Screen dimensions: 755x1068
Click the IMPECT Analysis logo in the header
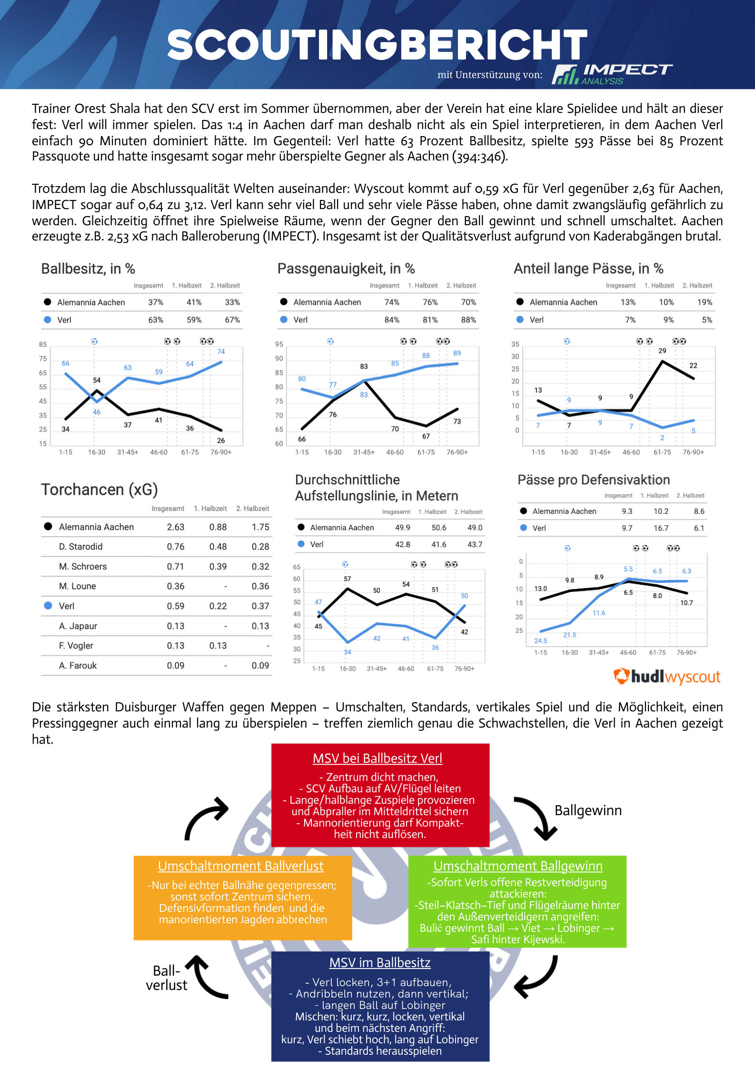pos(612,74)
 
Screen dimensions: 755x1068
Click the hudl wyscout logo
pos(667,677)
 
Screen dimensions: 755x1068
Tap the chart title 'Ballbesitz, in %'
pos(88,269)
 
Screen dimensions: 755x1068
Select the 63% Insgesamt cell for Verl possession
pos(156,320)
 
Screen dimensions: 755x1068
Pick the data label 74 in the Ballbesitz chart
pos(221,351)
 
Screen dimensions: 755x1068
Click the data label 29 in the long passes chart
pos(662,350)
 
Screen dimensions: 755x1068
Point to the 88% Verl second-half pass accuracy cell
pos(468,320)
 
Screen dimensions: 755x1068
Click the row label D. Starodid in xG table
pos(80,547)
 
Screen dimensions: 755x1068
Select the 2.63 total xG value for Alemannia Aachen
pos(176,527)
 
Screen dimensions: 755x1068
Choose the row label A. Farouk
pos(78,666)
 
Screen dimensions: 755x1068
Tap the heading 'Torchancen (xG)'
pos(99,489)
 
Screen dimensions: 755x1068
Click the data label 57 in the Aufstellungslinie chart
pos(348,579)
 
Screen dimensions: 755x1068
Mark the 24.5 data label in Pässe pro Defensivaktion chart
pos(541,641)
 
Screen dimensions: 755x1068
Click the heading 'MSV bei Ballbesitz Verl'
pos(377,758)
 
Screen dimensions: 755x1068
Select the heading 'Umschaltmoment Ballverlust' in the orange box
pos(241,866)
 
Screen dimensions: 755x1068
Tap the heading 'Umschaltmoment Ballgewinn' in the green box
pos(518,866)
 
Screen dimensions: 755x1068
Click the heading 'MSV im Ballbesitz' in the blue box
pos(380,963)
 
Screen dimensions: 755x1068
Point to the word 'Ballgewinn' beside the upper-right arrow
pos(588,810)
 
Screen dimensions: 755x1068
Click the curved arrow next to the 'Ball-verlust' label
pos(202,979)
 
